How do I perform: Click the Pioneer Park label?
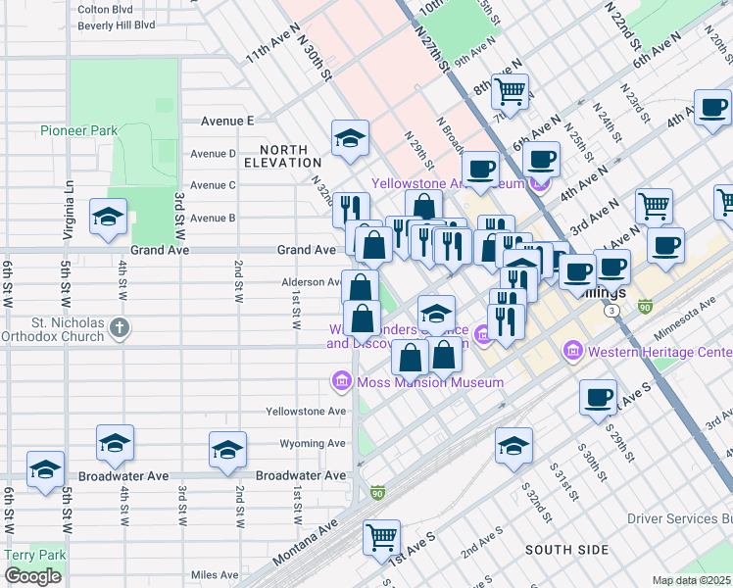pyautogui.click(x=78, y=130)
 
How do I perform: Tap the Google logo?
pyautogui.click(x=32, y=576)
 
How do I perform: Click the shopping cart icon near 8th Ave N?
pyautogui.click(x=511, y=91)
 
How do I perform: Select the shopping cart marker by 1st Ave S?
pyautogui.click(x=381, y=536)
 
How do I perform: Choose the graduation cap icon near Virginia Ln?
pyautogui.click(x=107, y=217)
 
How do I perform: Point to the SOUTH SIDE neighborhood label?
pyautogui.click(x=566, y=550)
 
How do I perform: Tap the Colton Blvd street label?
pyautogui.click(x=105, y=8)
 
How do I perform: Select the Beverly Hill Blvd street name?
pyautogui.click(x=117, y=24)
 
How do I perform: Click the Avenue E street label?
pyautogui.click(x=227, y=121)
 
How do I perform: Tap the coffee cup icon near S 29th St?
pyautogui.click(x=598, y=397)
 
